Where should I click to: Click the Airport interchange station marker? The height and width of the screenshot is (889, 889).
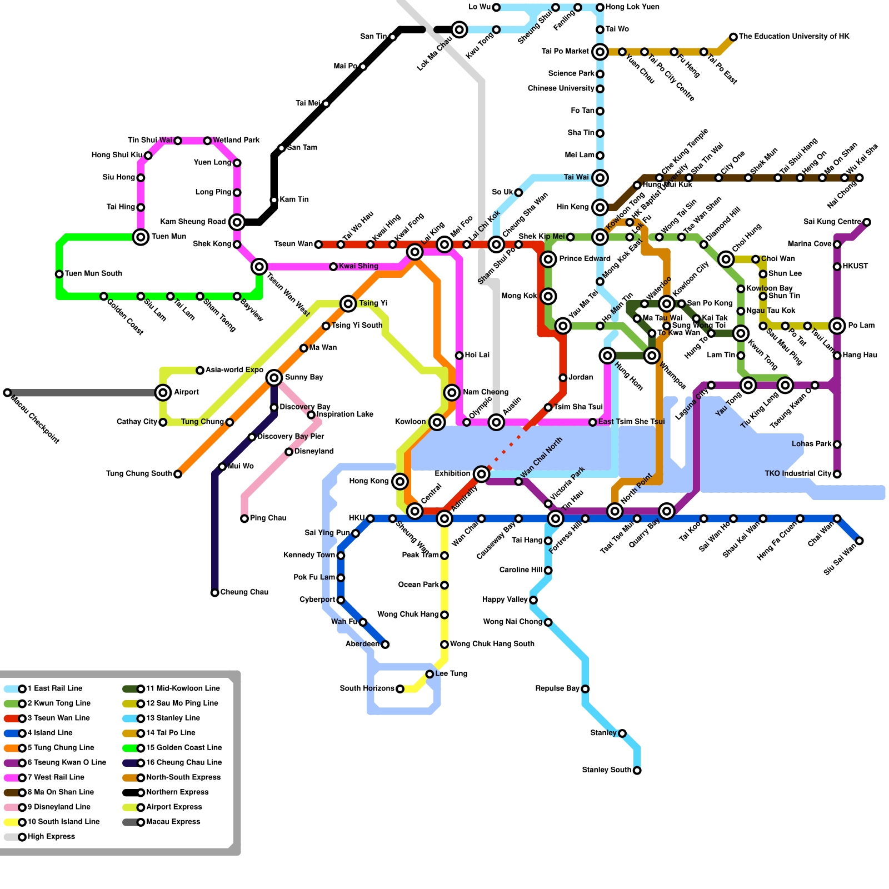(163, 393)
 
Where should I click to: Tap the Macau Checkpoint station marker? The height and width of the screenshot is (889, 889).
(7, 393)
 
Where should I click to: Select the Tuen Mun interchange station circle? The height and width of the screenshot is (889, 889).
(141, 237)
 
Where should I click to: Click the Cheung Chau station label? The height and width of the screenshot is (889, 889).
(244, 592)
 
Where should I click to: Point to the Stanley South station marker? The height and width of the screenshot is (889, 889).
(637, 770)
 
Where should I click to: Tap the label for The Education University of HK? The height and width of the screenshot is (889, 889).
(794, 37)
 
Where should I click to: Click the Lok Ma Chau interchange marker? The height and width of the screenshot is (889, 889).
(460, 29)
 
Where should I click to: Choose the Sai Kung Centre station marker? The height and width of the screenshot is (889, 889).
(867, 222)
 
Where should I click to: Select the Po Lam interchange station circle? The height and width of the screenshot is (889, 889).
(837, 326)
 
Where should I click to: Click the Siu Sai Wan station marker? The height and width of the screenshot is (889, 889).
(860, 541)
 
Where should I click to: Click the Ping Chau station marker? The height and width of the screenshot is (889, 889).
(244, 518)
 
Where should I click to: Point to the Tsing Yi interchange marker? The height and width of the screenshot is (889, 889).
(348, 303)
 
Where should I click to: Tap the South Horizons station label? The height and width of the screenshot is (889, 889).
(367, 689)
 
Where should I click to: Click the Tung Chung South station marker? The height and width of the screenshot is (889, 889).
(178, 474)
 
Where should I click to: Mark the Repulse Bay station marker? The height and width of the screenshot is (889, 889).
(585, 689)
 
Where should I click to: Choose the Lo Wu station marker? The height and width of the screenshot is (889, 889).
(496, 7)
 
